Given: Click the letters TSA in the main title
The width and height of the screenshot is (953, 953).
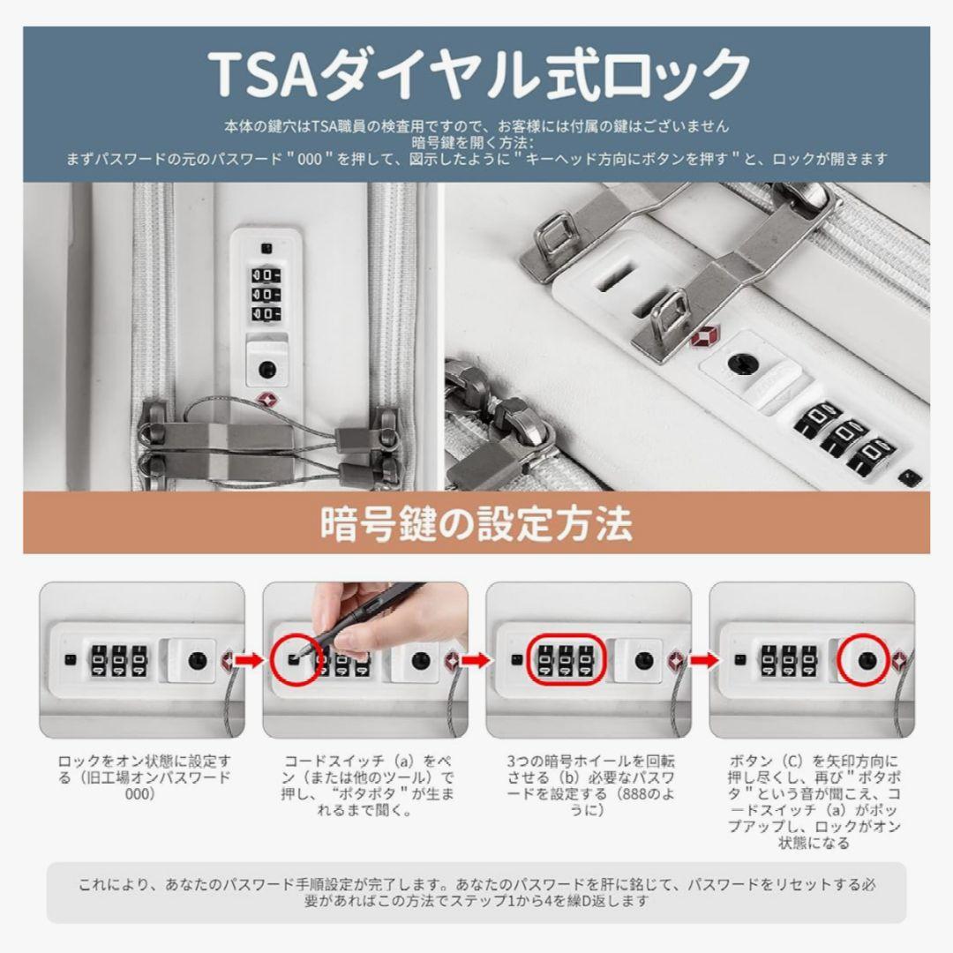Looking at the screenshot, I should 261,74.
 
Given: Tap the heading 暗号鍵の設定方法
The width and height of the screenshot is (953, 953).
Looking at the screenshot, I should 476,524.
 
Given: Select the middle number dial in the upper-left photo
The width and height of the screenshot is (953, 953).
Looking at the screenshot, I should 265,294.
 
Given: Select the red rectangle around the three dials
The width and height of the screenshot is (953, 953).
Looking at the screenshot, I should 566,660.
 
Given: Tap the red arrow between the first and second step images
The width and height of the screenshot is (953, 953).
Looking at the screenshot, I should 249,661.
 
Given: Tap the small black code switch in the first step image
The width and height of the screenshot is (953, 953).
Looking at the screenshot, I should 70,660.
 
